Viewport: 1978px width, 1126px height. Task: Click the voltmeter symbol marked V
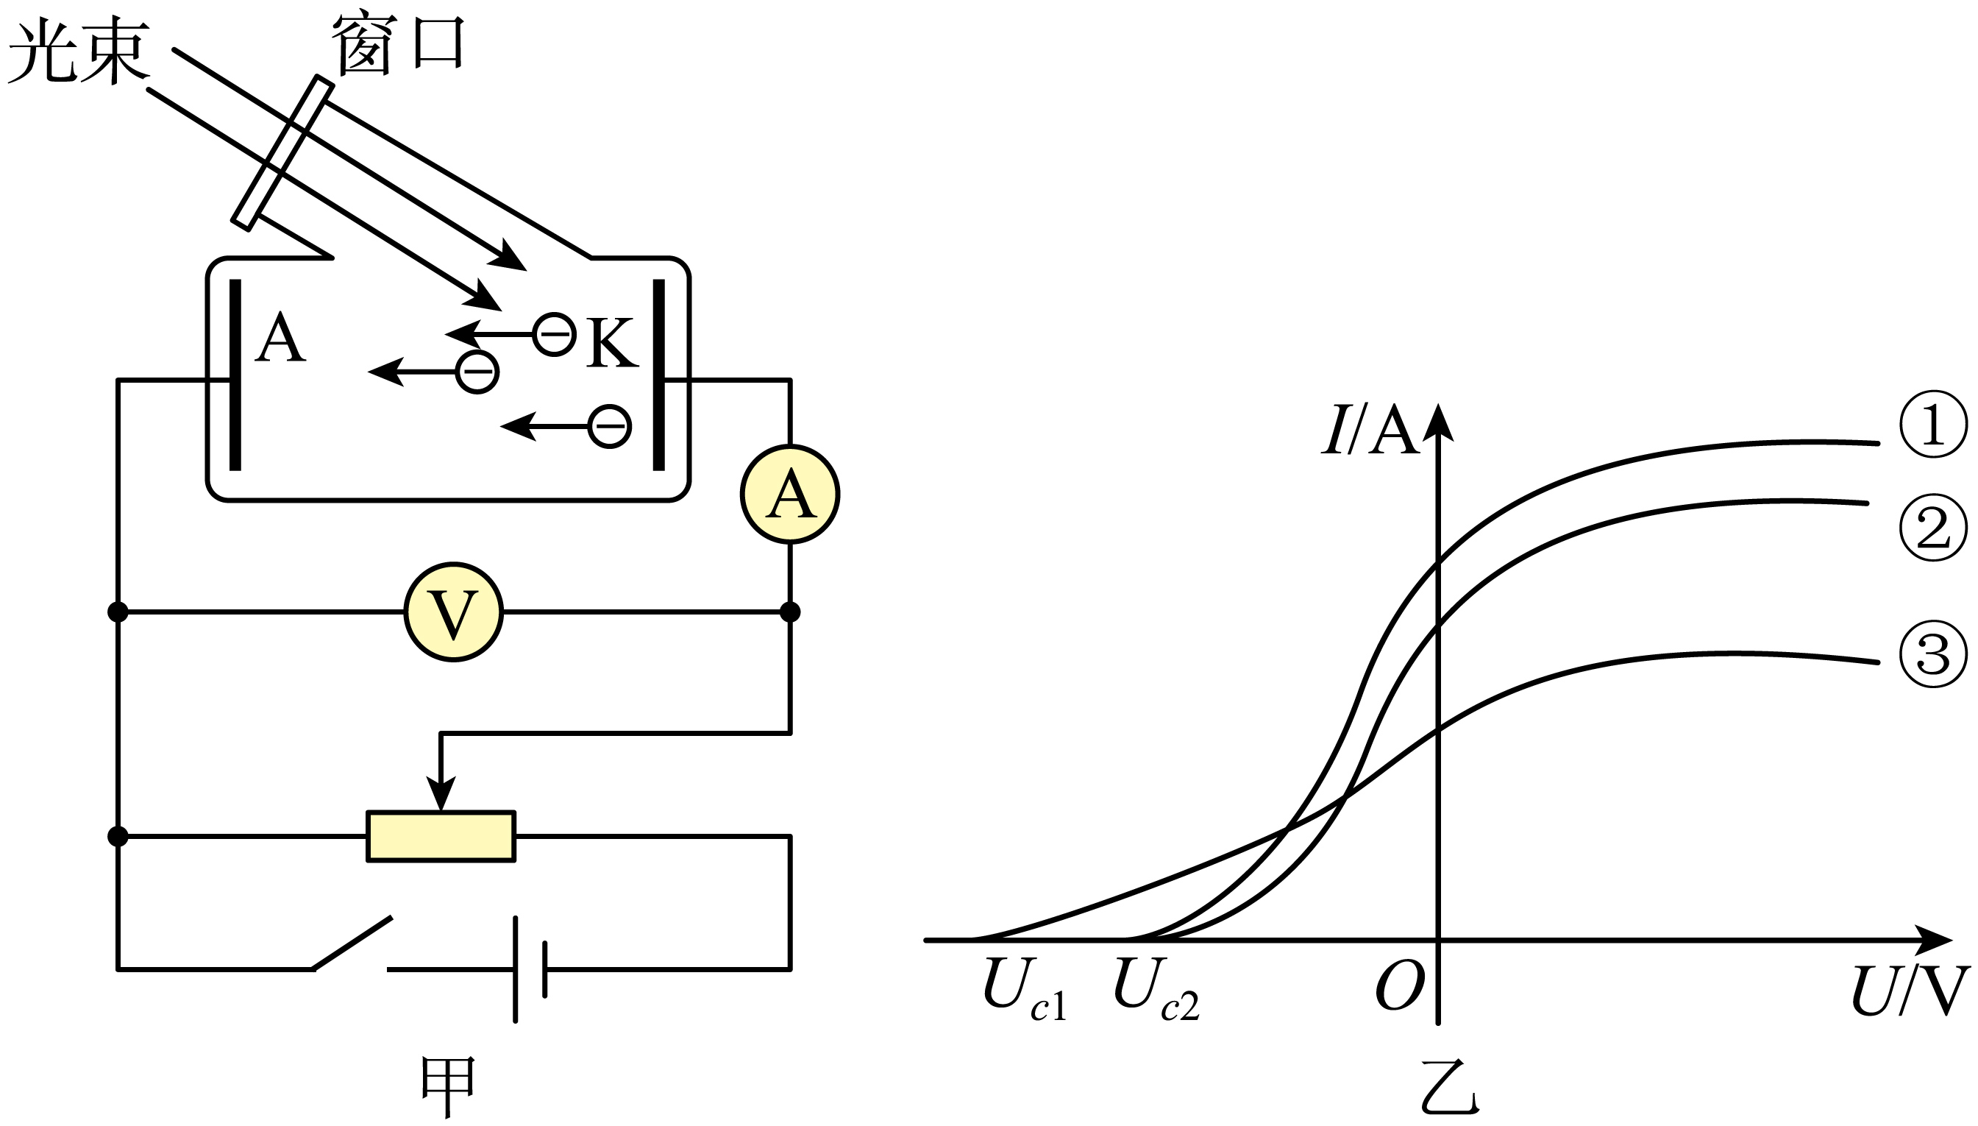coord(454,612)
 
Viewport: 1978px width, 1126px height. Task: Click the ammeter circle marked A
coord(790,494)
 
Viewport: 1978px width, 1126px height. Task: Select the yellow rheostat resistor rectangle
coord(441,836)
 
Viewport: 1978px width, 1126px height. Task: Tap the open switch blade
coord(352,943)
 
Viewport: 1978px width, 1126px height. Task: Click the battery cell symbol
coord(530,969)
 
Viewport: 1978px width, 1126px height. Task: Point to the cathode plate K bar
coord(658,375)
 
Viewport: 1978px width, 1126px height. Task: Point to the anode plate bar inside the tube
coord(235,375)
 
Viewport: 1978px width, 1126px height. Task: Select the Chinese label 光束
coord(79,52)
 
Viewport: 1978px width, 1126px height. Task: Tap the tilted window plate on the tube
coord(283,152)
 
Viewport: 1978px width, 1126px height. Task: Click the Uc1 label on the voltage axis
coord(1025,991)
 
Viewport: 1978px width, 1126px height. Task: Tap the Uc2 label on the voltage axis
coord(1156,991)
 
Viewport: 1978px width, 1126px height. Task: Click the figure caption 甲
coord(447,1086)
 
